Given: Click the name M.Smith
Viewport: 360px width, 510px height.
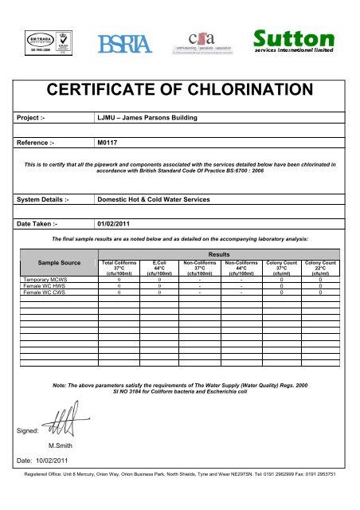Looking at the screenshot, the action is [61, 445].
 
